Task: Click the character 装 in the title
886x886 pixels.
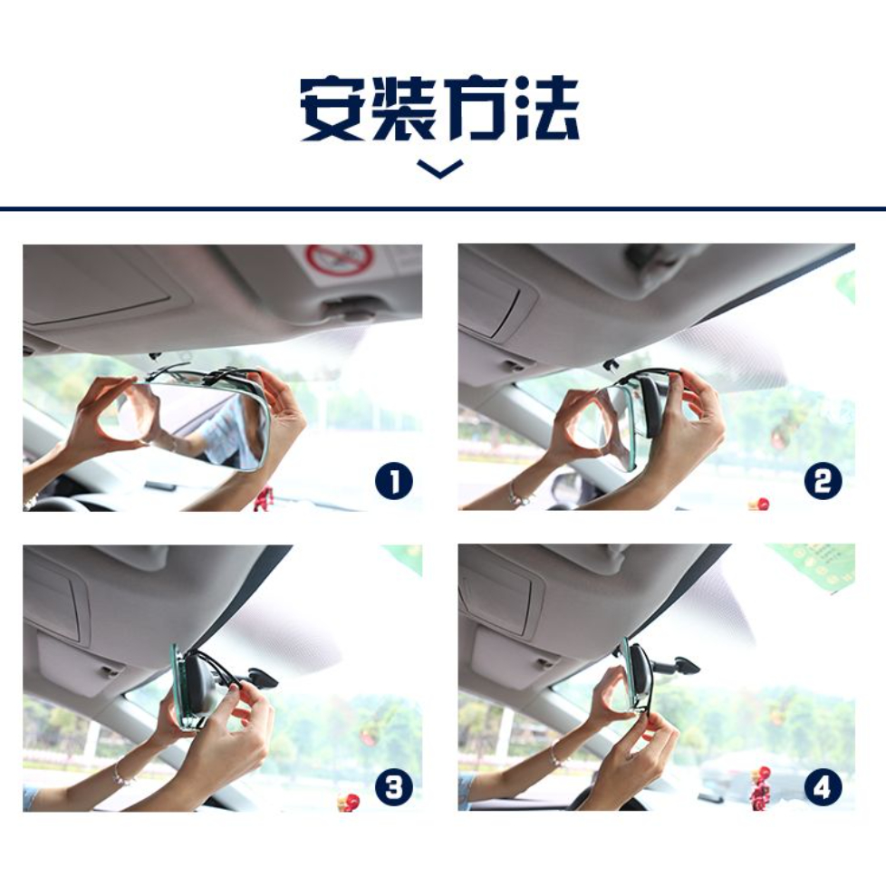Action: pos(403,108)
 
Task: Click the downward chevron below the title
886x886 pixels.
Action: pos(439,169)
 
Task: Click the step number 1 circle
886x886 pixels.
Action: pos(394,481)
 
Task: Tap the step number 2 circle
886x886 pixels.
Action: pos(823,481)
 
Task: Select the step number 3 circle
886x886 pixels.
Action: pos(394,787)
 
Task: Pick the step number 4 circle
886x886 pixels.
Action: pos(823,787)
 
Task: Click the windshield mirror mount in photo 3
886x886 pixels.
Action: pos(261,678)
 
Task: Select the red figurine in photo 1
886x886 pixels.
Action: pos(261,501)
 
